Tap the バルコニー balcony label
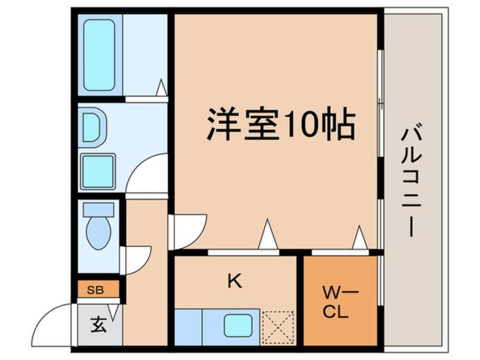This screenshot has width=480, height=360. pyautogui.click(x=411, y=182)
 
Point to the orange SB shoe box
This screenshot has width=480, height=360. pyautogui.click(x=99, y=290)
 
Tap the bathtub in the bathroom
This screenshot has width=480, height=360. pyautogui.click(x=100, y=55)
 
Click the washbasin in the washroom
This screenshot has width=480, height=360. pyautogui.click(x=94, y=127)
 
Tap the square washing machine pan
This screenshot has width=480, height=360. pyautogui.click(x=98, y=171)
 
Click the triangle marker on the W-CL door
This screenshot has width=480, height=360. pyautogui.click(x=359, y=238)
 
